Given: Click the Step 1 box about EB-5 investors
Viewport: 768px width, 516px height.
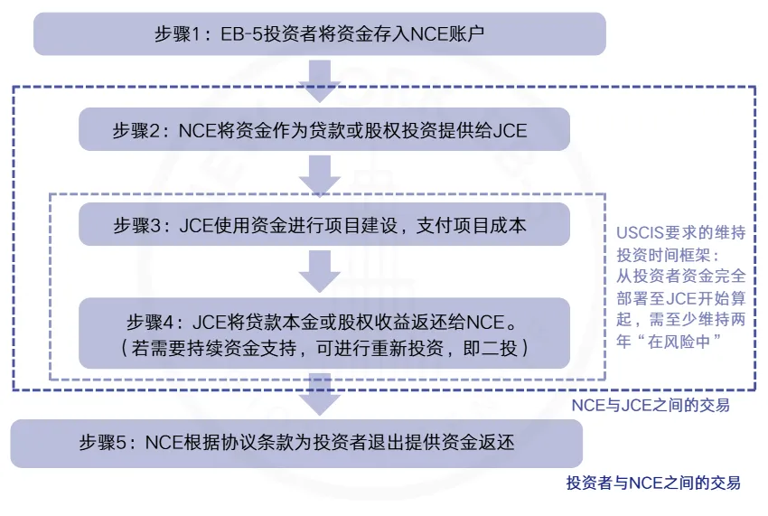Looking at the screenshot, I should pos(319,34).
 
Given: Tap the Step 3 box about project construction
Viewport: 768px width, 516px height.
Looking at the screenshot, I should pos(324,225).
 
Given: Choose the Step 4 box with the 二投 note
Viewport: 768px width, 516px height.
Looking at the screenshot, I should pos(324,333).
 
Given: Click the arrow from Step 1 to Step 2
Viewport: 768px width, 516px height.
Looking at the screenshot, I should pos(319,81).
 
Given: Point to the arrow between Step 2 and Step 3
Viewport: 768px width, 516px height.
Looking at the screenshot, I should pos(319,174).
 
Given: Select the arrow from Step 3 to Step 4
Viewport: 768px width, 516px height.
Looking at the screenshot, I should pos(319,270).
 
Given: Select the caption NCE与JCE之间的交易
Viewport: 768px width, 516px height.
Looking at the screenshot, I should pos(651,405).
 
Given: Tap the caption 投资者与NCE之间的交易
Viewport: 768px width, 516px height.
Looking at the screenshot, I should pos(652,483).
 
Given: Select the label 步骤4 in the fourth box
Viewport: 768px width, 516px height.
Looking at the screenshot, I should pos(157,321).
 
